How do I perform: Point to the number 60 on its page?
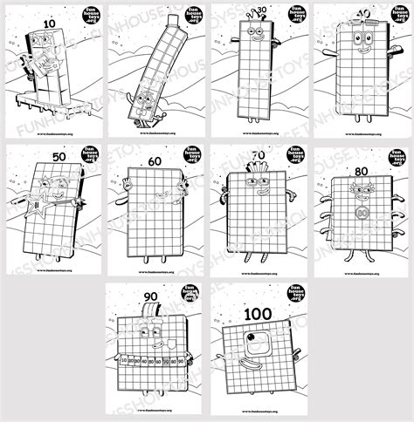point(155,160)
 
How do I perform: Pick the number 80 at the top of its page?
point(361,160)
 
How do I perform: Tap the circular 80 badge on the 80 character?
point(362,212)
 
